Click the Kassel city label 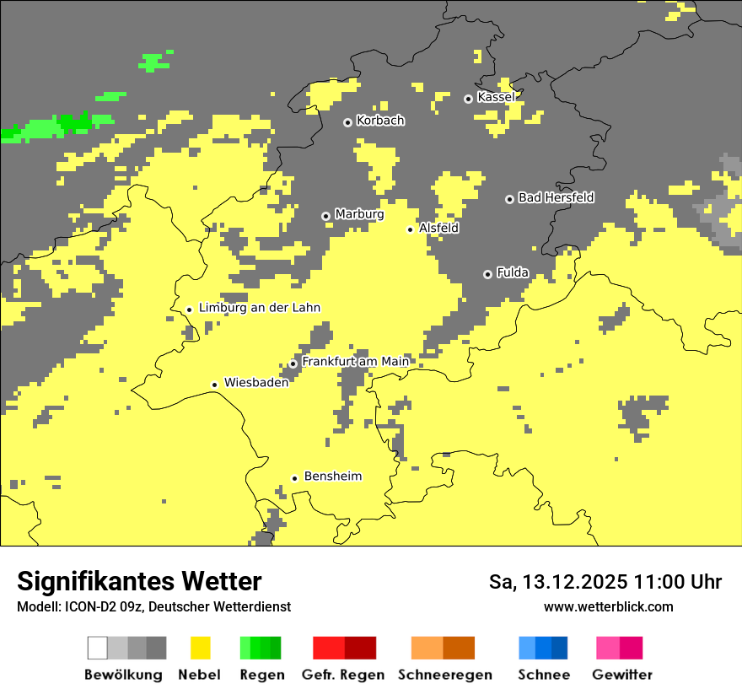[496, 98]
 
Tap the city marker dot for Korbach [347, 122]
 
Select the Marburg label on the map [359, 214]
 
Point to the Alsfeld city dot [411, 229]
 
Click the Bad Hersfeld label [556, 198]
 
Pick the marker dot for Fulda [487, 274]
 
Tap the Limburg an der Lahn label [259, 308]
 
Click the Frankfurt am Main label [355, 362]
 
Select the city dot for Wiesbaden [215, 385]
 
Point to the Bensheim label [332, 477]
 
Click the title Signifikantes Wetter [139, 581]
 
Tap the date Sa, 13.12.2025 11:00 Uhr [605, 582]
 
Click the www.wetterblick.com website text [608, 606]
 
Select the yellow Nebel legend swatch [200, 648]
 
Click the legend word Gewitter [621, 675]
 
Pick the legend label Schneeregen [444, 675]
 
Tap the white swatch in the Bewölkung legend [98, 648]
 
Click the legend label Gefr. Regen [342, 675]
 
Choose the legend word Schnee [543, 675]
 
